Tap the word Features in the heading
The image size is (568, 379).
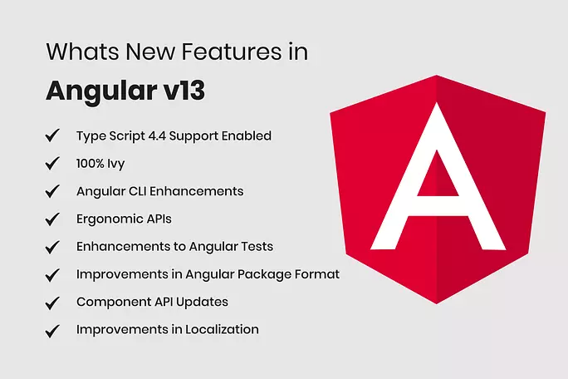232,52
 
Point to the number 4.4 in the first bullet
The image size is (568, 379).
157,135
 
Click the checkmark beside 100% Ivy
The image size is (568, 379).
52,163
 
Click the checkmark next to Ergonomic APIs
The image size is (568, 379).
52,219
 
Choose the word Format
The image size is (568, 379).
317,274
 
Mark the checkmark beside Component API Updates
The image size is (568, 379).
52,303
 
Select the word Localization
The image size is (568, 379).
222,329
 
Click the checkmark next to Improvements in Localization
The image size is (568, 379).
52,331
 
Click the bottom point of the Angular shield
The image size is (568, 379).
437,304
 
